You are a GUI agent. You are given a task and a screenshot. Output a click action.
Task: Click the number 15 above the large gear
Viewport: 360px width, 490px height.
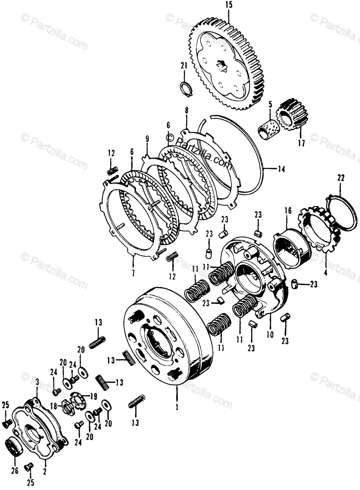pos(228,6)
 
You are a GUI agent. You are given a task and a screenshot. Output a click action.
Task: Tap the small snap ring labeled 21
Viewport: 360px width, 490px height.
pos(186,87)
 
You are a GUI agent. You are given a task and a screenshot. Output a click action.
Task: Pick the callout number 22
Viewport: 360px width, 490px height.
pos(341,178)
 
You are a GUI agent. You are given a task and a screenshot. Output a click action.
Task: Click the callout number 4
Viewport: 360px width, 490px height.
pos(325,271)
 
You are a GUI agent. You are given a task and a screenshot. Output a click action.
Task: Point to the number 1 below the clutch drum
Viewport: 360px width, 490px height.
pos(177,407)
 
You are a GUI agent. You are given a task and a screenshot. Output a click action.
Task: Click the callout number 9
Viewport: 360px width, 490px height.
pos(147,138)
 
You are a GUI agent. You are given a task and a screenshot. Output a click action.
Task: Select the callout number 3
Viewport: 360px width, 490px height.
pos(37,382)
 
